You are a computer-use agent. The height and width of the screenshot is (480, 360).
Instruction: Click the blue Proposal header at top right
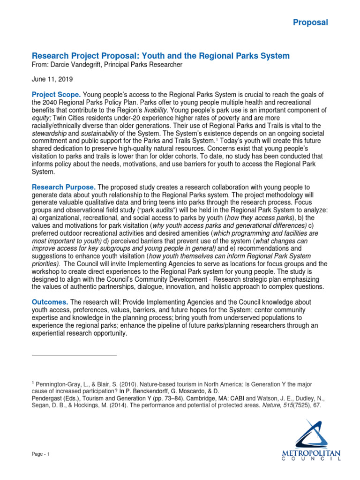(x=310, y=22)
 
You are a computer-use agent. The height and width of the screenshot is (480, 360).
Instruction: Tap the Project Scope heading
(x=56, y=95)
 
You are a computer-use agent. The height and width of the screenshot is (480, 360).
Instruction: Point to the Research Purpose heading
(x=63, y=187)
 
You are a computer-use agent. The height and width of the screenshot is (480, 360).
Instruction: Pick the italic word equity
(x=41, y=118)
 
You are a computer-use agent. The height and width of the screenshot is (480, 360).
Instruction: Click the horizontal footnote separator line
(x=74, y=355)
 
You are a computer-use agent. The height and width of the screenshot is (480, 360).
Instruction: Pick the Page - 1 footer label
(x=40, y=455)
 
